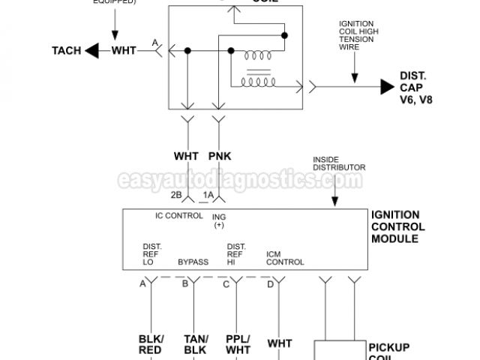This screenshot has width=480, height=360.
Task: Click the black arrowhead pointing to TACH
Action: point(94,51)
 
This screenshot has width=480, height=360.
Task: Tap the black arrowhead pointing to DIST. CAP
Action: point(386,87)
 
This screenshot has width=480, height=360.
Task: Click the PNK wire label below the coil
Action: point(220,157)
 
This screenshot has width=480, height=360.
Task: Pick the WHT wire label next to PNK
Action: point(186,157)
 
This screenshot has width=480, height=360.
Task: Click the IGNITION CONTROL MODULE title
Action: point(398,226)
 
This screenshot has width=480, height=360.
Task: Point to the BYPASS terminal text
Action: point(192,262)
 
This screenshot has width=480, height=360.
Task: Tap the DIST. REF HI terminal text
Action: point(236,253)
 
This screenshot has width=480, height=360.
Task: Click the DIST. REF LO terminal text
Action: point(152,253)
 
